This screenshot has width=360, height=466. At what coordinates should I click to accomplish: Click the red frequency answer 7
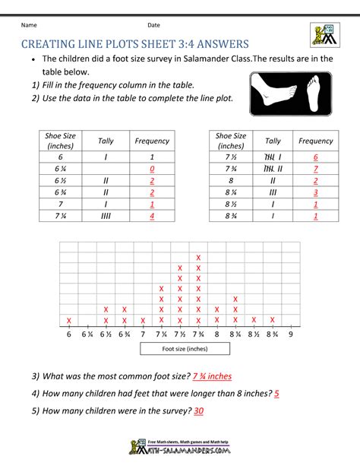pyautogui.click(x=315, y=168)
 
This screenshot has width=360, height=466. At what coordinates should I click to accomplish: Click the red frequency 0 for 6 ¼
pyautogui.click(x=152, y=168)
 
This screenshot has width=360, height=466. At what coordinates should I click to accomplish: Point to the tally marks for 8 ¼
pyautogui.click(x=273, y=192)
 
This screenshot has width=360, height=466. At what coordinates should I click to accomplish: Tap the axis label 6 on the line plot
pyautogui.click(x=68, y=334)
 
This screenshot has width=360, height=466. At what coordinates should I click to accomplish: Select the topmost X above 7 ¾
pyautogui.click(x=199, y=257)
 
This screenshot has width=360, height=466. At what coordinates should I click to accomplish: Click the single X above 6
pyautogui.click(x=68, y=320)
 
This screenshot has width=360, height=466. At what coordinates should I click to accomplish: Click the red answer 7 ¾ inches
pyautogui.click(x=212, y=376)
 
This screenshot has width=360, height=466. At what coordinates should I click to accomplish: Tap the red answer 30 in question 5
pyautogui.click(x=199, y=411)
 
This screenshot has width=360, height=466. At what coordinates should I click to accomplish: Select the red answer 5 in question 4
pyautogui.click(x=277, y=394)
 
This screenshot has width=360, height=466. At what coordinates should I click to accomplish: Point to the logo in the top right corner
pyautogui.click(x=323, y=33)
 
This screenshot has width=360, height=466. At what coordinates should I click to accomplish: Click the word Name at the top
pyautogui.click(x=30, y=25)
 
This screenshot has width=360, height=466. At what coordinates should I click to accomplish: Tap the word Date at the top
pyautogui.click(x=154, y=25)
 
